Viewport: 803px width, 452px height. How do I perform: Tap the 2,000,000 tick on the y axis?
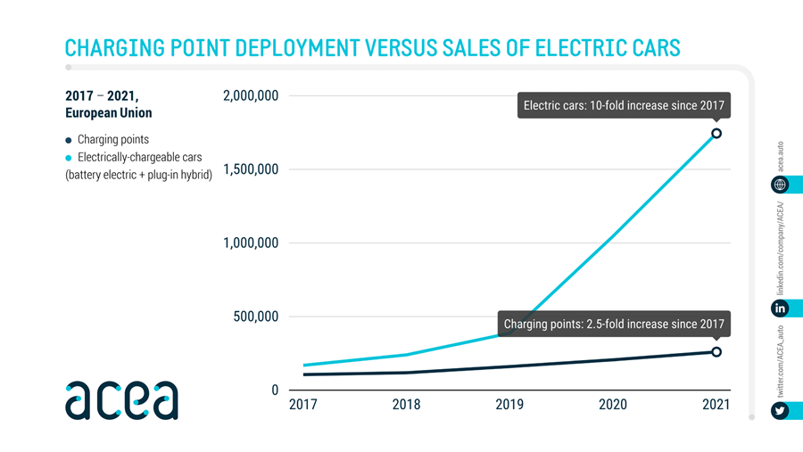(x=251, y=95)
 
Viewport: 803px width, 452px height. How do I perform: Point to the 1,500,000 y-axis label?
(x=251, y=169)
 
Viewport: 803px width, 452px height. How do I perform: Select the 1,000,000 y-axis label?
(x=251, y=243)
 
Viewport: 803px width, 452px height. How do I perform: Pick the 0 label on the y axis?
(x=275, y=390)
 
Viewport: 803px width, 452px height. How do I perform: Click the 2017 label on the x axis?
(x=303, y=405)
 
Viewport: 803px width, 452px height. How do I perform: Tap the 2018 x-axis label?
(x=407, y=405)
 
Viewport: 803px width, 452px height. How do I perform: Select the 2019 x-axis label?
(x=509, y=405)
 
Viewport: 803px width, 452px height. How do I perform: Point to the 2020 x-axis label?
(x=613, y=405)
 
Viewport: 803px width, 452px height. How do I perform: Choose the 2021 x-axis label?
(x=716, y=405)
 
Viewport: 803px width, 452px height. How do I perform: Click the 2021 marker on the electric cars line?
(x=716, y=134)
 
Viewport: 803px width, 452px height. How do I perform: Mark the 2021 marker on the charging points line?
(x=716, y=352)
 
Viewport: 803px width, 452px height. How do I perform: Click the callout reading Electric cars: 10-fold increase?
(x=624, y=105)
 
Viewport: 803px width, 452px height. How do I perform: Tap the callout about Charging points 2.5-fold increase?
(x=614, y=324)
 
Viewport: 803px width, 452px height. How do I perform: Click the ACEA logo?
(x=121, y=400)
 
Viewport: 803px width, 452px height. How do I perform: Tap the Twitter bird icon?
(x=781, y=411)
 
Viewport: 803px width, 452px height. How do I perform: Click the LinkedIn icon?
(x=781, y=308)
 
